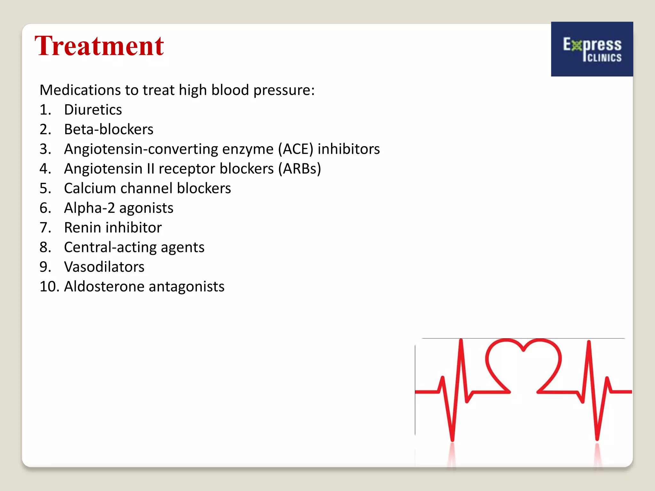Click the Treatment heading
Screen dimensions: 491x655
pos(99,46)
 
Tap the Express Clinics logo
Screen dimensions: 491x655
pos(592,49)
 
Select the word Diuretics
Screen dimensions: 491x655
pos(93,110)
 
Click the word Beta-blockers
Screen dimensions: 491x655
pos(109,129)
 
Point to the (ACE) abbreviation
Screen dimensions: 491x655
pos(296,149)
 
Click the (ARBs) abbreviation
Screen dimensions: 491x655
pos(299,169)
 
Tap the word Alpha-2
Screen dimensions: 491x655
pos(89,208)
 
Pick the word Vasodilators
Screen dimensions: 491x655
pos(104,267)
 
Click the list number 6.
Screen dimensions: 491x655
pos(45,208)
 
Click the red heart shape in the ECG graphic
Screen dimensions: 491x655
pos(523,364)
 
